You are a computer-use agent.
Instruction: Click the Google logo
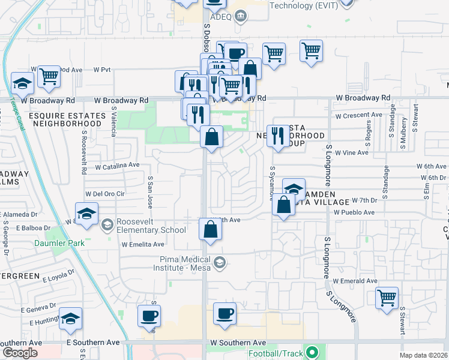click(20, 353)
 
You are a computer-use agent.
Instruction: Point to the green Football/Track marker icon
click(311, 352)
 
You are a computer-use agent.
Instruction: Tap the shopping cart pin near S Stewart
click(387, 297)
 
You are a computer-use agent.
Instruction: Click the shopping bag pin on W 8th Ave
click(210, 229)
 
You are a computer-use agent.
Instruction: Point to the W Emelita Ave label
click(143, 244)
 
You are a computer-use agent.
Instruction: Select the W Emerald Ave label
click(355, 281)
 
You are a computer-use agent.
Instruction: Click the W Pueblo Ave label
click(354, 212)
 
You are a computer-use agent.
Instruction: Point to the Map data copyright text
click(423, 355)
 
